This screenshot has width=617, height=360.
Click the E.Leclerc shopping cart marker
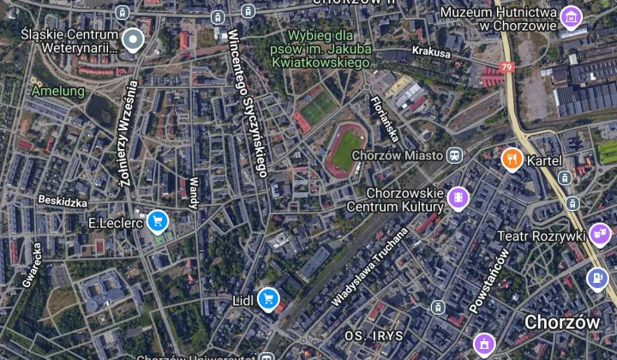pos(156,222)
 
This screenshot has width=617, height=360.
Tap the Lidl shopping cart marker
pos(269,298)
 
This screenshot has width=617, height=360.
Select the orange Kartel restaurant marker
pos(512,159)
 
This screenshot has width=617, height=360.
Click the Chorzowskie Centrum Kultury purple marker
pos(458,199)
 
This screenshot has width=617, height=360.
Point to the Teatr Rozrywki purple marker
pos(600,233)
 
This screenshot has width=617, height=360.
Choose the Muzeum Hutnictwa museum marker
pos(571,15)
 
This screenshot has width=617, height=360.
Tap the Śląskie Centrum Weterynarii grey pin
pos(132,39)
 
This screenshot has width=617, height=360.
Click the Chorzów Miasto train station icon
pos(455,155)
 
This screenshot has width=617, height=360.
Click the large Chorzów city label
pos(561,322)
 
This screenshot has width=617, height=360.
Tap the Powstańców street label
pos(489,279)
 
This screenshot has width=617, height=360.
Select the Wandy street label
pos(193,192)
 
